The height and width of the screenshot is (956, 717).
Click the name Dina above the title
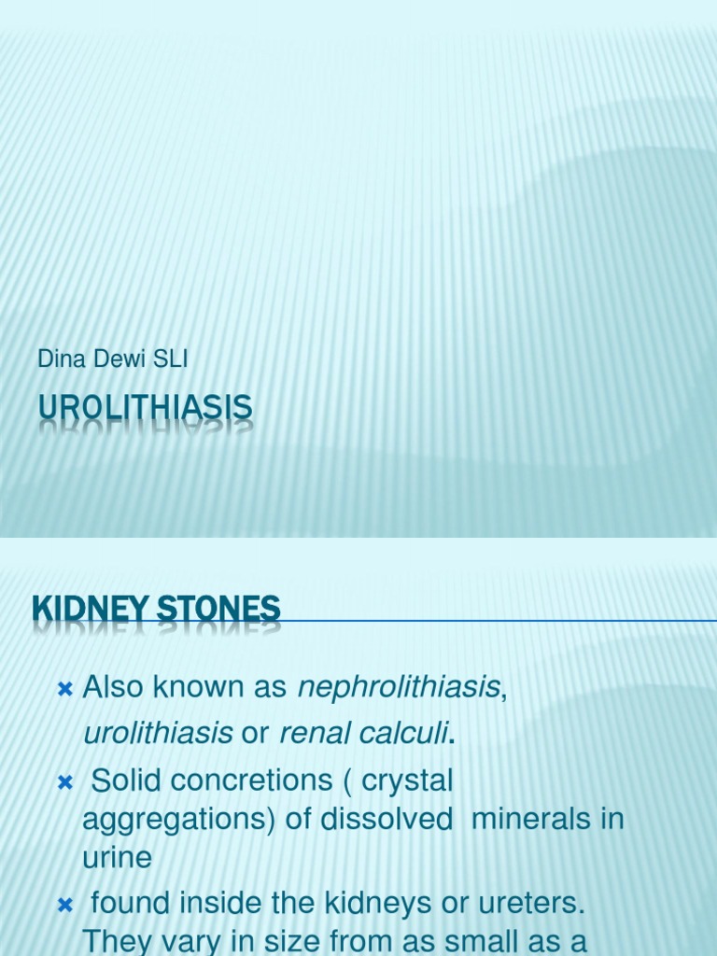tap(57, 359)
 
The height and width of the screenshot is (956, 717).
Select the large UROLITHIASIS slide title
tap(145, 408)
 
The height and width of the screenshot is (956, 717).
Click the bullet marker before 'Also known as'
tap(64, 689)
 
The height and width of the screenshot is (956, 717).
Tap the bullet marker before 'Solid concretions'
tap(64, 782)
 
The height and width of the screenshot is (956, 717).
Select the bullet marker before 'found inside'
tap(64, 904)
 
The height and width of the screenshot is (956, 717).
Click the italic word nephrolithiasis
tap(399, 687)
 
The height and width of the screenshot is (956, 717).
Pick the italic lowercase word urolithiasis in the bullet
tap(158, 734)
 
